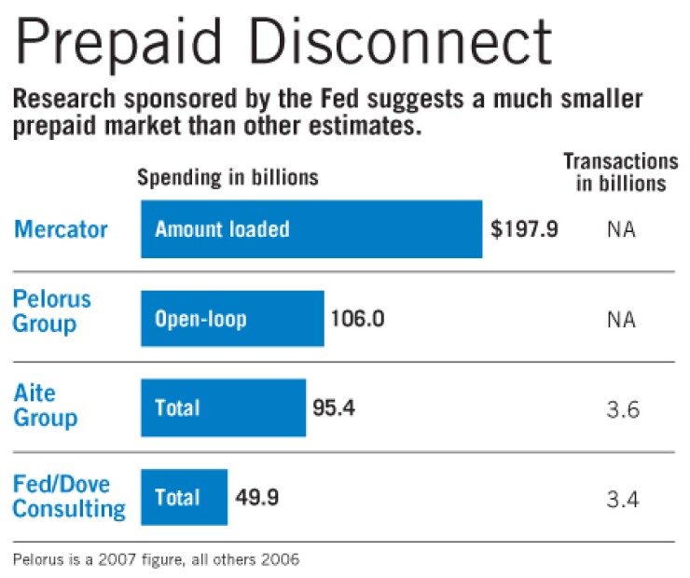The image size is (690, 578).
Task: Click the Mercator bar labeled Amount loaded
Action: point(311,228)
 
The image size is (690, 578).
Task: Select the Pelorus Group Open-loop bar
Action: point(232,319)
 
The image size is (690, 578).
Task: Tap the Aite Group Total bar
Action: point(223,407)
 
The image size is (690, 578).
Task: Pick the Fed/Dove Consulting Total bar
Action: point(184,497)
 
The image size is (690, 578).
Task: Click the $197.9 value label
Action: point(524,228)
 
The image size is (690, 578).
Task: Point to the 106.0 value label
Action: point(358,319)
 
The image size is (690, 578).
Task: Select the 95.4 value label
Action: point(334,407)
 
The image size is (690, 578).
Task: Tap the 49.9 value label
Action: point(255,497)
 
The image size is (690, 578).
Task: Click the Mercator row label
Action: point(60,228)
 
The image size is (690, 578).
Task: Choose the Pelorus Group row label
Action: point(52,311)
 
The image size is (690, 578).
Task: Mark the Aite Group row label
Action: point(45,405)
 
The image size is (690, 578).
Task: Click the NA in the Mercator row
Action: point(620,229)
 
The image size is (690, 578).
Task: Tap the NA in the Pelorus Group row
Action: point(620,320)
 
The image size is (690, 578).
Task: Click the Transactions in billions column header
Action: point(620,172)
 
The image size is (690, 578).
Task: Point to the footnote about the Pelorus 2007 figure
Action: point(157,560)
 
